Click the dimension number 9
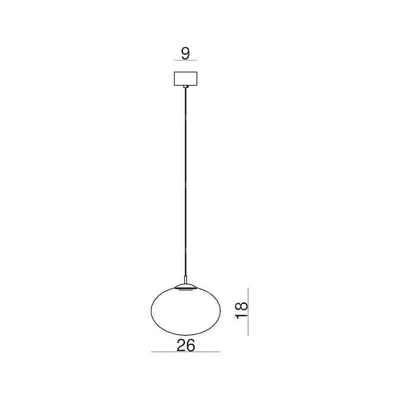[x=185, y=53]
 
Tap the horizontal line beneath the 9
[x=186, y=61]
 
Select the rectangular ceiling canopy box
[x=185, y=78]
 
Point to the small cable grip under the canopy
[x=186, y=87]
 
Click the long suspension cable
[x=186, y=182]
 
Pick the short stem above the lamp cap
[x=186, y=280]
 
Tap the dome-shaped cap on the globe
[x=186, y=286]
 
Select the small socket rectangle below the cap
[x=186, y=290]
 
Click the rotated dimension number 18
[x=242, y=310]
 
